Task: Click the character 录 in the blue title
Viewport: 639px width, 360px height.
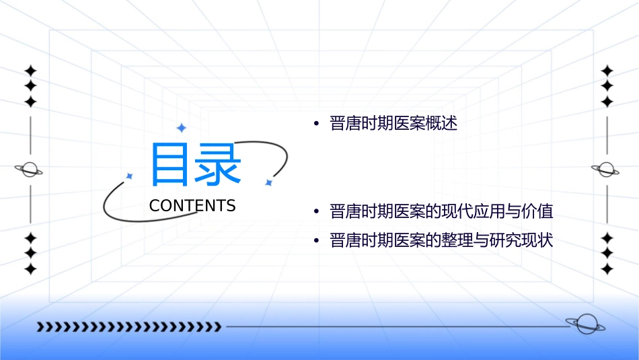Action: (218, 165)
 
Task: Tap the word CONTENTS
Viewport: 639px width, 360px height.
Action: (192, 206)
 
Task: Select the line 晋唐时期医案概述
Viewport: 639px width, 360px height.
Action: (393, 124)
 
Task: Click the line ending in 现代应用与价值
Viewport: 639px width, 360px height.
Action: (441, 212)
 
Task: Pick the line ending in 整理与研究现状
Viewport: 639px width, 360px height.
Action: (441, 240)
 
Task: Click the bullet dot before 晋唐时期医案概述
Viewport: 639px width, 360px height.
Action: (315, 124)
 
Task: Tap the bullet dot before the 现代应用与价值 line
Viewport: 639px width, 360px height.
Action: (315, 213)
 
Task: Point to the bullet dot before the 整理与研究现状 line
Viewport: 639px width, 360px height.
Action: (315, 241)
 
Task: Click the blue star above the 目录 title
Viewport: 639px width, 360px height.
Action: (181, 127)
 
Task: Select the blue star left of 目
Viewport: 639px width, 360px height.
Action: (129, 176)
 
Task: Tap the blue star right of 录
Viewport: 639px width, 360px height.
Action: (268, 182)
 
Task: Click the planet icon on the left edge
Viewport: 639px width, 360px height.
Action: (30, 170)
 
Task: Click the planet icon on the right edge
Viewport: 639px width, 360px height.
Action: (606, 170)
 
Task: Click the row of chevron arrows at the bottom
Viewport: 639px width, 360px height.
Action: (128, 327)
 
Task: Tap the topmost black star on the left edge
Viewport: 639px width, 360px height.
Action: (30, 71)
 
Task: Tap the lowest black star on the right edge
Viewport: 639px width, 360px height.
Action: (607, 269)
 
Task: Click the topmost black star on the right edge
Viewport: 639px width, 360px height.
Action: (607, 71)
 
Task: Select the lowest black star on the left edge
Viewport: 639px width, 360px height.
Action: (30, 269)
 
